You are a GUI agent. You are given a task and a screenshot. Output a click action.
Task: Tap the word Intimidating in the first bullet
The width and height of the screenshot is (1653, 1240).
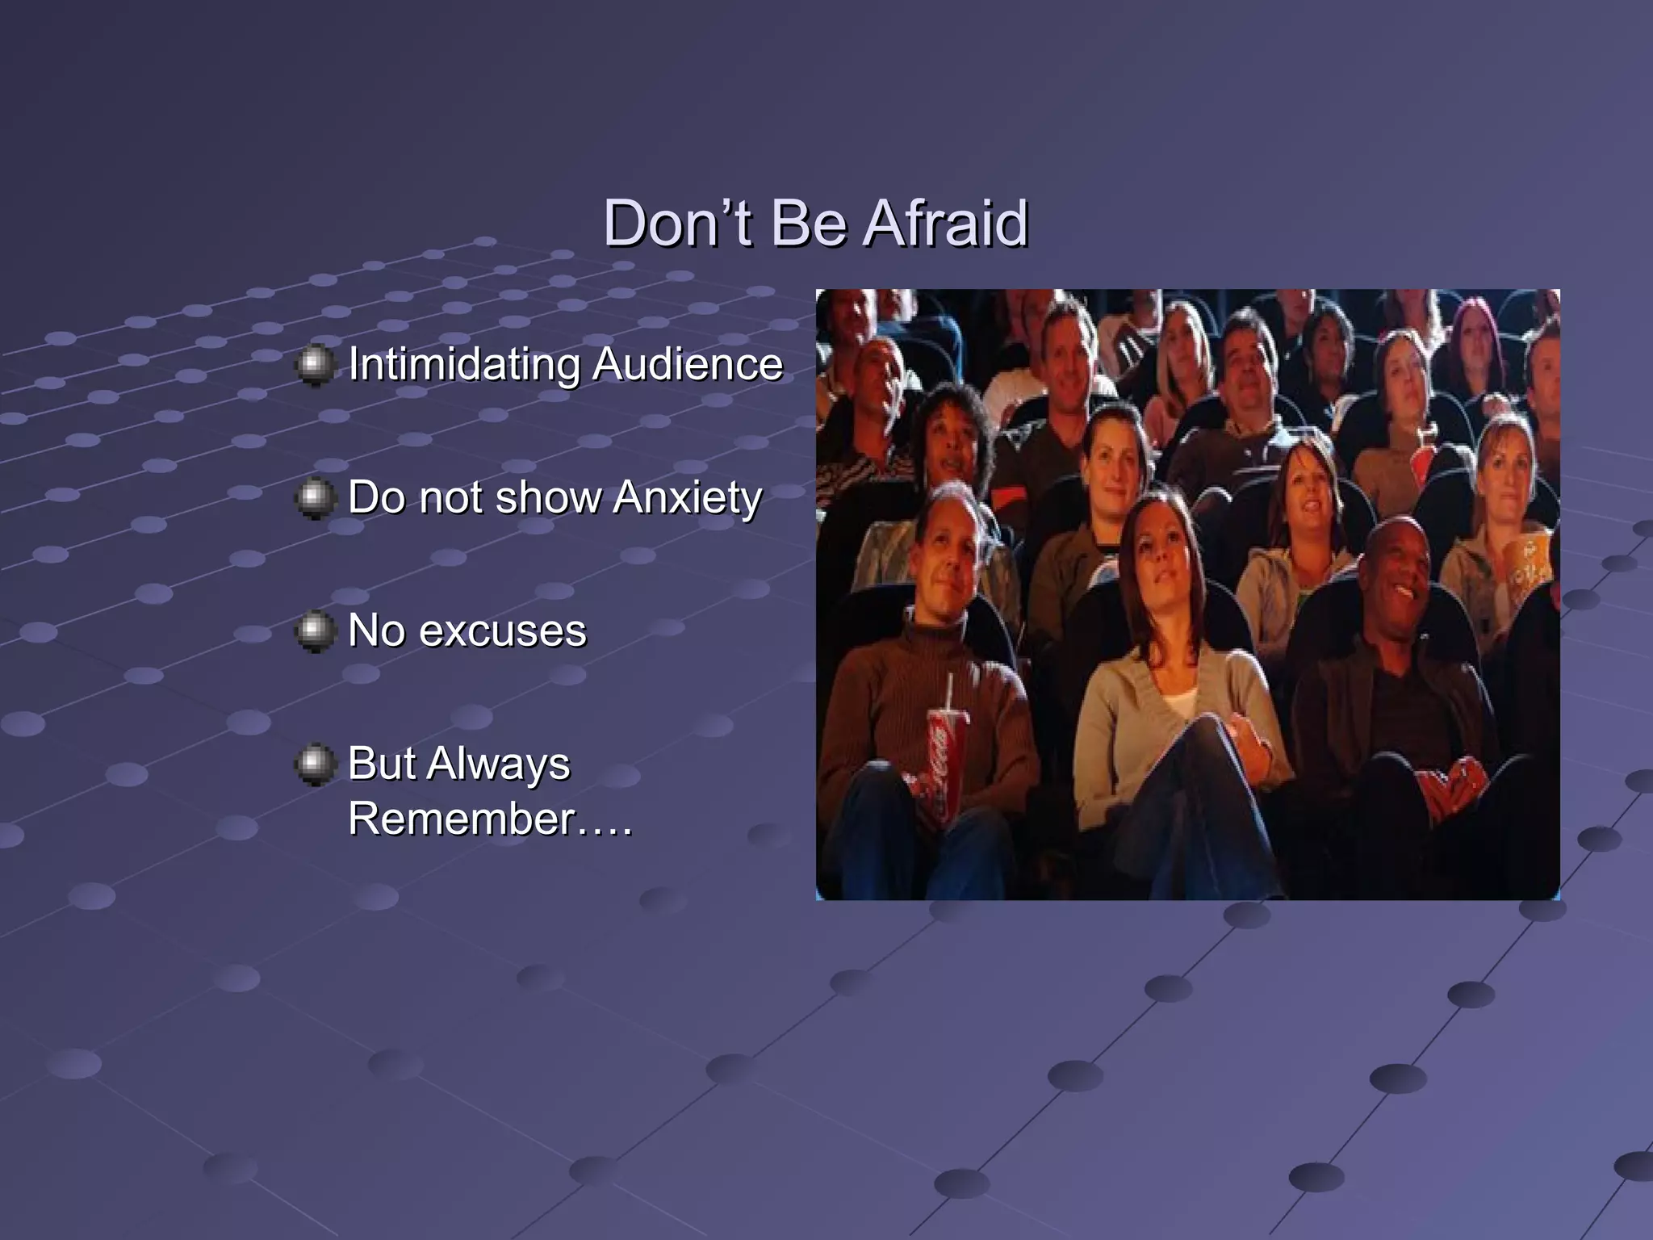pyautogui.click(x=464, y=364)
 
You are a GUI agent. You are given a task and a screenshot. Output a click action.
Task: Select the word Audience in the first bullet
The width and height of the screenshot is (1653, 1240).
pyautogui.click(x=687, y=364)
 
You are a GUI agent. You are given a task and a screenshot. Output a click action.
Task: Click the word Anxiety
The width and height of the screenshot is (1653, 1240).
pyautogui.click(x=687, y=497)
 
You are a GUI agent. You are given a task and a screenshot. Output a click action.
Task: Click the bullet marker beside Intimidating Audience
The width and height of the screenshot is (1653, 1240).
pyautogui.click(x=315, y=365)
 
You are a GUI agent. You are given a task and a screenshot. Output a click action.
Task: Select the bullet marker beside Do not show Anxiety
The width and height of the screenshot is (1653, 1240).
pyautogui.click(x=315, y=498)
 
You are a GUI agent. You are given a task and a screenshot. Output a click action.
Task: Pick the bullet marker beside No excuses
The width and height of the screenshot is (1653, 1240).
pyautogui.click(x=315, y=630)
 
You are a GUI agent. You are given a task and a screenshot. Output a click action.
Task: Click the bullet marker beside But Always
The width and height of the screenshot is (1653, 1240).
pyautogui.click(x=315, y=764)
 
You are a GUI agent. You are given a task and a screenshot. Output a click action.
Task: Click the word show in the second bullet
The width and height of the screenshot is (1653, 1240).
pyautogui.click(x=548, y=497)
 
